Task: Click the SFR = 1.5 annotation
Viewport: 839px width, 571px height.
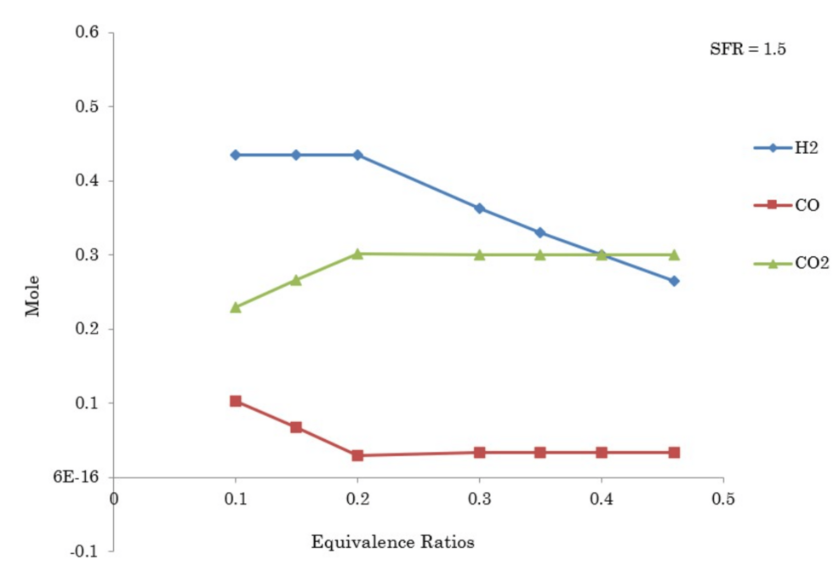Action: (747, 49)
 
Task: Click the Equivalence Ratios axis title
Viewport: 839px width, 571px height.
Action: (392, 541)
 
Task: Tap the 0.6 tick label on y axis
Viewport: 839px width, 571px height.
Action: (88, 33)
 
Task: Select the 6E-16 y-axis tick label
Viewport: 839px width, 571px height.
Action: (77, 477)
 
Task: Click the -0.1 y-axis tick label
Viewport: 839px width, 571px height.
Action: (86, 551)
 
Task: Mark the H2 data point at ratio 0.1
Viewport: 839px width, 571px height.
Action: (236, 155)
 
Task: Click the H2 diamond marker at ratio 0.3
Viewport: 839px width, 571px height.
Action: (480, 208)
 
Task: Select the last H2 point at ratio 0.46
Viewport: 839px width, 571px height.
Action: (675, 281)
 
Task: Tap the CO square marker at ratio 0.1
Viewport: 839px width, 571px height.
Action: (236, 401)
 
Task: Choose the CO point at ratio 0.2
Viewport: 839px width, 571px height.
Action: (357, 455)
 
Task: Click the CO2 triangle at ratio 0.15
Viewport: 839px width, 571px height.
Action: (296, 280)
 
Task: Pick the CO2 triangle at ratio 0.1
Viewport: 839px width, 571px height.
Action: (236, 307)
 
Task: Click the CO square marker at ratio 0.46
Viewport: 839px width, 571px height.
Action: (675, 452)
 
